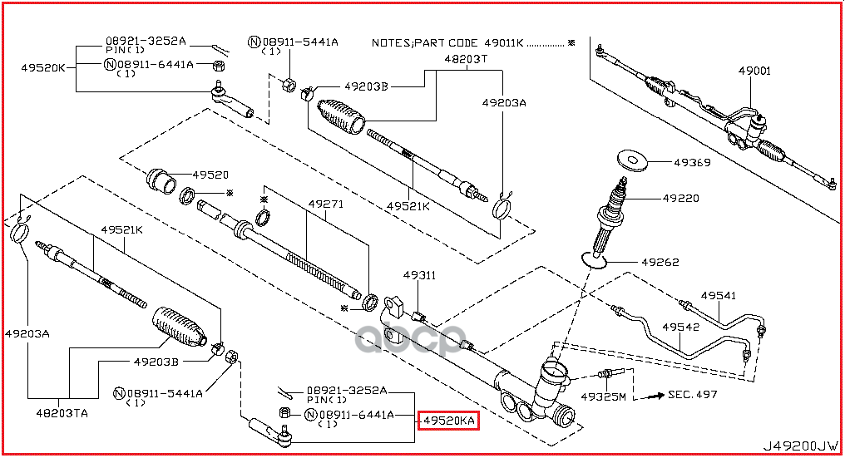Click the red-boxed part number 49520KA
(x=448, y=421)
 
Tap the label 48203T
(x=465, y=60)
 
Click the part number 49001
(x=754, y=71)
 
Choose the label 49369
(x=693, y=163)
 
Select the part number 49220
(x=680, y=199)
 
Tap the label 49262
(x=660, y=263)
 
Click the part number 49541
(x=718, y=295)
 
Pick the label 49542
(x=681, y=327)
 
